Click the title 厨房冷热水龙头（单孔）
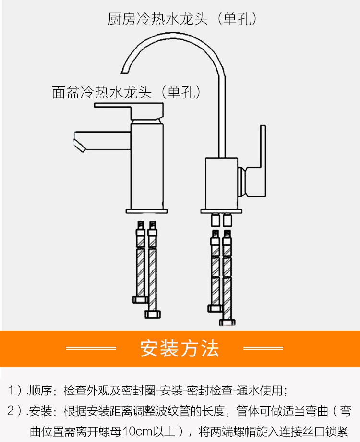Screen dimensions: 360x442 pos(183,19)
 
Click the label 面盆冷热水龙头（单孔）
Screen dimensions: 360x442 pos(126,92)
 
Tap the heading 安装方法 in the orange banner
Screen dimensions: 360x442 pos(180,348)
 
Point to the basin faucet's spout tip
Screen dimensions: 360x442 pos(77,144)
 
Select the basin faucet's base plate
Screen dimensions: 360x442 pos(147,211)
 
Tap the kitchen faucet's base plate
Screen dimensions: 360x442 pos(223,210)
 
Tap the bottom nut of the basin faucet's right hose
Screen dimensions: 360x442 pos(153,315)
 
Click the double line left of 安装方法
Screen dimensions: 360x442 pos(91,348)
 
